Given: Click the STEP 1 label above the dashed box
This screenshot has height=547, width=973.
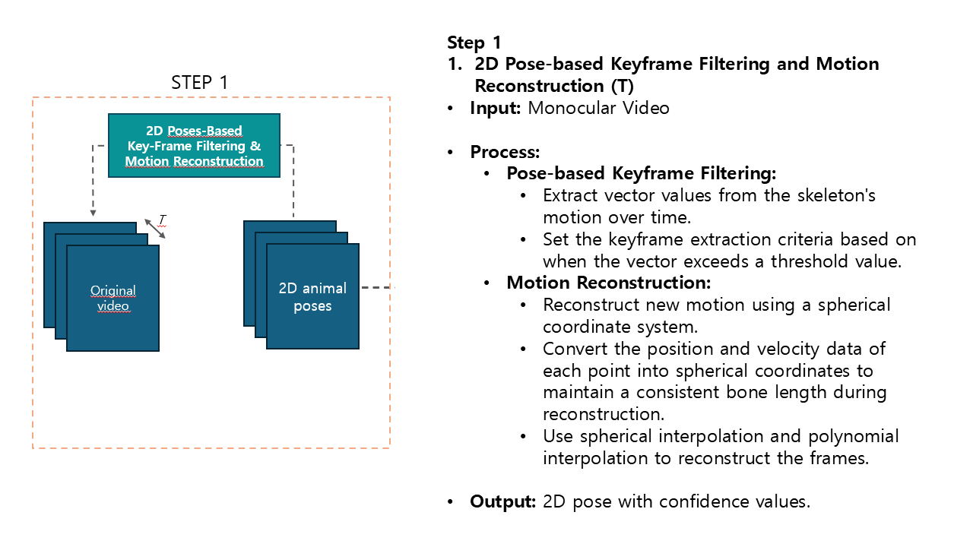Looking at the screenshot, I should pos(199,82).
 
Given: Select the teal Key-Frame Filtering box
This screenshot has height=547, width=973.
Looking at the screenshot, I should pos(194,145).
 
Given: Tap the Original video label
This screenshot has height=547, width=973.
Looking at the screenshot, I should pos(113,298).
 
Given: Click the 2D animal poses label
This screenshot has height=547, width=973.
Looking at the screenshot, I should pos(312,297).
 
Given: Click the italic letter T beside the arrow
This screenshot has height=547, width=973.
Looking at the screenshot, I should pos(162,220).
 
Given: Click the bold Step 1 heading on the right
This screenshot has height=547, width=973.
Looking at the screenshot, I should pos(474,43).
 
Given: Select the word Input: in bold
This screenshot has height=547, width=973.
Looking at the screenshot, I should pos(495,108).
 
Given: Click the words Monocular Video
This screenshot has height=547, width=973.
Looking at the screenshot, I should pos(598,108).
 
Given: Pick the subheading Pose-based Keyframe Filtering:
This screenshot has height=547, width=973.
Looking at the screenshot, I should pos(641,173).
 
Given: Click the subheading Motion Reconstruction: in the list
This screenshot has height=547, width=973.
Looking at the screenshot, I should pos(608,283).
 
